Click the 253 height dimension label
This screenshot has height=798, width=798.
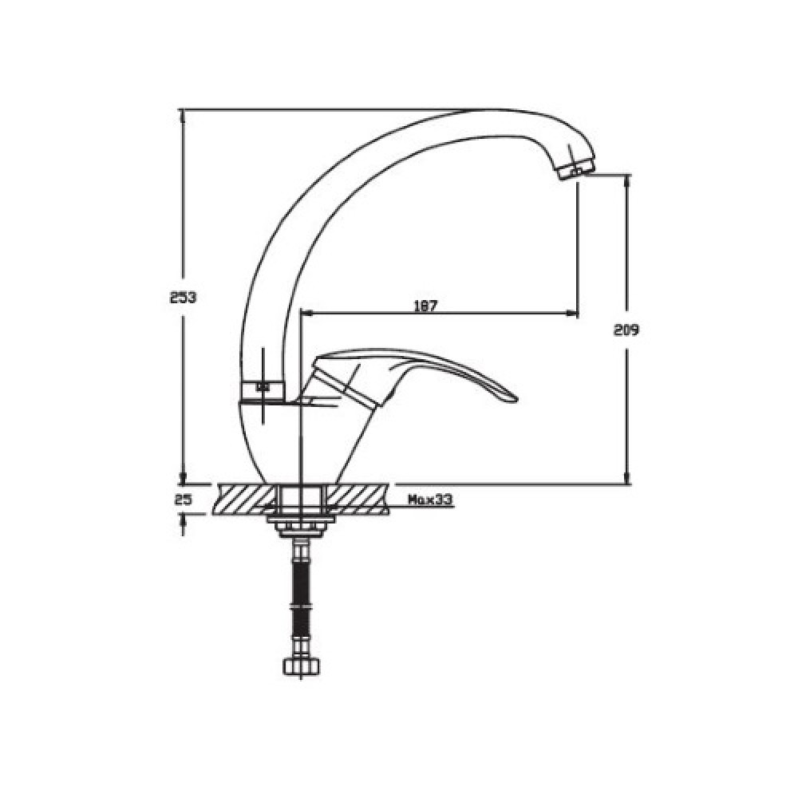point(183,297)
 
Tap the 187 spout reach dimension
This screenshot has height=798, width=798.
point(425,306)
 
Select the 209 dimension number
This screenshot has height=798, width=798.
point(626,330)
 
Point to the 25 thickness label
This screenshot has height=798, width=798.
point(183,500)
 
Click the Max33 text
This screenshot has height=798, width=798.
point(430,500)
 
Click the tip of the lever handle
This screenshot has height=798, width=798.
point(515,401)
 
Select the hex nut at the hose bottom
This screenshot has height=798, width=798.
point(302,666)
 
